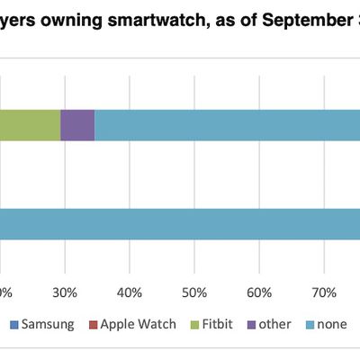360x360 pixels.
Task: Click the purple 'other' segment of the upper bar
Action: [77, 125]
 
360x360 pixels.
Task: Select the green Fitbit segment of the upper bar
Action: [30, 125]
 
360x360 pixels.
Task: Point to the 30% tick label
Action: [65, 292]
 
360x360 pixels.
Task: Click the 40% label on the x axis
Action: [130, 292]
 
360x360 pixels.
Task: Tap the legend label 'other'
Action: [274, 323]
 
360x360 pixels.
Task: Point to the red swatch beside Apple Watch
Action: [93, 324]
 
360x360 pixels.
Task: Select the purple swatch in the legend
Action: [251, 324]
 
